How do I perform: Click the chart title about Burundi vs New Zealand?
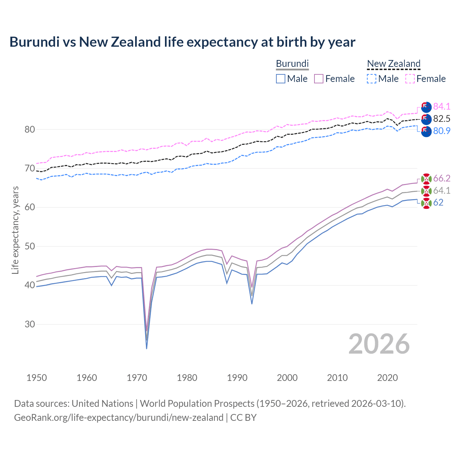tap(182, 42)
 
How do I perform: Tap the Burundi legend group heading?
tap(292, 64)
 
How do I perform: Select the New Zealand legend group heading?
tap(394, 64)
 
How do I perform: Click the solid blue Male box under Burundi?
tap(281, 79)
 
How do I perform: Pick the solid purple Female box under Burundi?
tap(319, 79)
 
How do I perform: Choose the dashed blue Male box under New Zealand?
tap(372, 79)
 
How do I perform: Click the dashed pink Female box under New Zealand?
tap(410, 79)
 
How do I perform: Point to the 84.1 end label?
tap(442, 106)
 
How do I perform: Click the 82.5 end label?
tap(442, 119)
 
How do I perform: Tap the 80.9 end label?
tap(442, 131)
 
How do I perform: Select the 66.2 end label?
tap(442, 178)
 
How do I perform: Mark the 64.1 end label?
tap(442, 190)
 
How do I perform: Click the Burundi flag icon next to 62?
tap(426, 203)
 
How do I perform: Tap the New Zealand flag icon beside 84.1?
tap(426, 107)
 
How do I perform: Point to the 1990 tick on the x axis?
tap(237, 378)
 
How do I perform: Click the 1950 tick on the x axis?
tap(37, 378)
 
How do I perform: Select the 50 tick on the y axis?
tap(30, 247)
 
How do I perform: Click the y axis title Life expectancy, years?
tap(15, 230)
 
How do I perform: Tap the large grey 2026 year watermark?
tap(379, 344)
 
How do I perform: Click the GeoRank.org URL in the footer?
tap(119, 418)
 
